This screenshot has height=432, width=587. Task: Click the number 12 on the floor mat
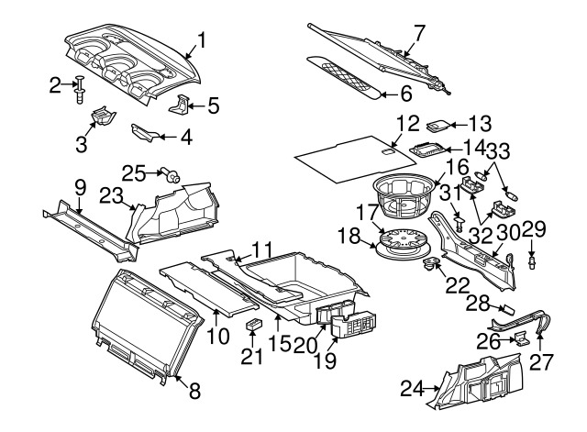click(407, 122)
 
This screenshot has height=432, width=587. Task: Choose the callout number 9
click(80, 188)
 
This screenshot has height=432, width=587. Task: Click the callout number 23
click(112, 194)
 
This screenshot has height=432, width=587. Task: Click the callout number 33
click(497, 150)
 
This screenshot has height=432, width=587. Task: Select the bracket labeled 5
click(183, 105)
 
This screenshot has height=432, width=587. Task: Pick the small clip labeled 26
click(520, 339)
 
